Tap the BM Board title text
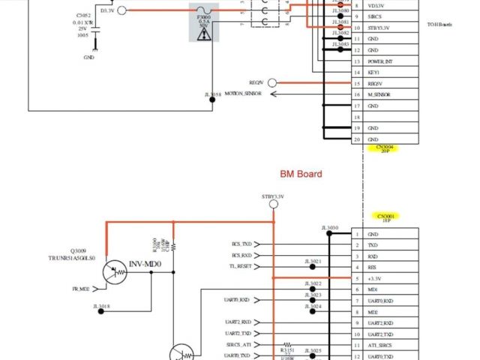[x=301, y=174]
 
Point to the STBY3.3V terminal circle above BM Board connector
[x=274, y=206]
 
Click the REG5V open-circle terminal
[x=272, y=82]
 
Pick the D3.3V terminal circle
[x=122, y=10]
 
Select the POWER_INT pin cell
[x=379, y=61]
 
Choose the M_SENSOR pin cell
[x=379, y=94]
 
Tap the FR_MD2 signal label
[x=80, y=289]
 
